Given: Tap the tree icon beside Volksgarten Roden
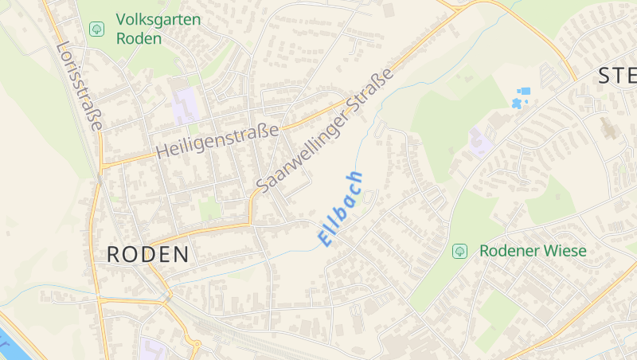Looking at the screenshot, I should [x=97, y=29].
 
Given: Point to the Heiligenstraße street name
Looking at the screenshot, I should [x=217, y=139].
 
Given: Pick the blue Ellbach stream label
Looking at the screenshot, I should [x=341, y=208].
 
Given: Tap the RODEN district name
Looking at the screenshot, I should [x=148, y=255].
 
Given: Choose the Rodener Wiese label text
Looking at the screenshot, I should [x=533, y=251].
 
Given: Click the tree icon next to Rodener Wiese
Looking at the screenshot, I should [x=459, y=251].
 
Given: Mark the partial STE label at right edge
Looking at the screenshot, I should [x=617, y=76].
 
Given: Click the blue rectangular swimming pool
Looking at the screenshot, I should [x=524, y=92].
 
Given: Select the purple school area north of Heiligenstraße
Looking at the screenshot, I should [x=186, y=105].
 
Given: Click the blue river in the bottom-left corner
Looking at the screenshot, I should [x=10, y=338].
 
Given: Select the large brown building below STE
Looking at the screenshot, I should [x=609, y=127].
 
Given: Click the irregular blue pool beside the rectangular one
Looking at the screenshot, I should [x=517, y=104].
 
